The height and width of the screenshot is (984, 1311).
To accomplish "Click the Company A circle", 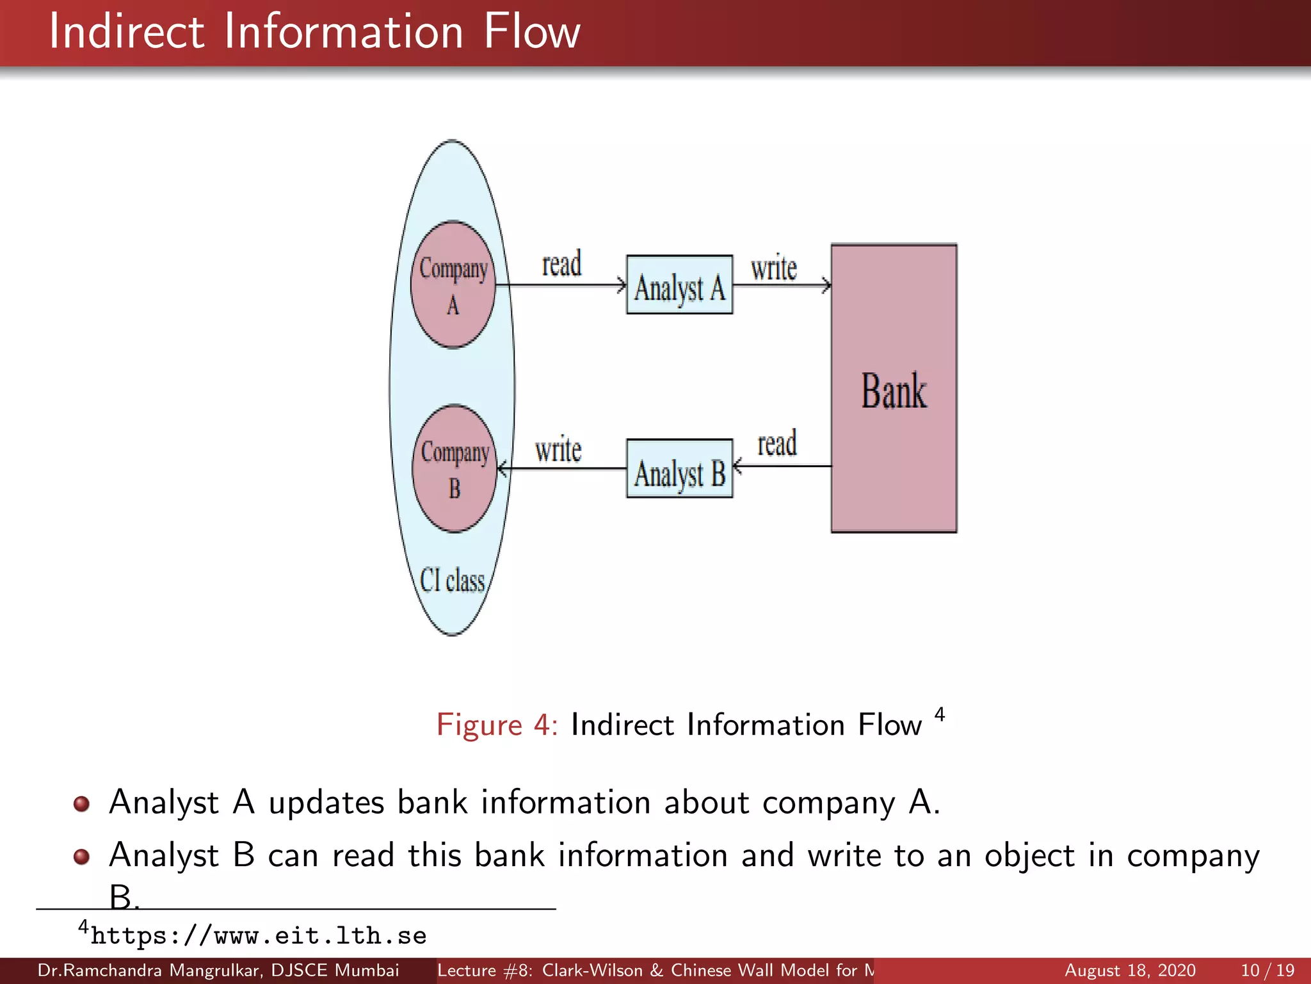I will click(453, 284).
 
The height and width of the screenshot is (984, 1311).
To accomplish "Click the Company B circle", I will click(454, 468).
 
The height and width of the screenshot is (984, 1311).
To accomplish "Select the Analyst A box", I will click(679, 285).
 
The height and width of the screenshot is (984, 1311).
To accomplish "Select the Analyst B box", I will click(679, 469).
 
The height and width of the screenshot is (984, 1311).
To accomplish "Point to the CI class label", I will click(452, 580).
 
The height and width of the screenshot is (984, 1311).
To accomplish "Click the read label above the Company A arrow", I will click(561, 264).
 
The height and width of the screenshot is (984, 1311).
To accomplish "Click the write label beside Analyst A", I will click(773, 268).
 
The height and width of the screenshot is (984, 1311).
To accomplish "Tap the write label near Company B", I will click(558, 450).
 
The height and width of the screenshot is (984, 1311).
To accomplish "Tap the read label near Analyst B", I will click(777, 444).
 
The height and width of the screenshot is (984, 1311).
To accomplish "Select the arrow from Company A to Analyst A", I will click(561, 284).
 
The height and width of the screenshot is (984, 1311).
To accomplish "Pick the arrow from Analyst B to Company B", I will click(562, 469).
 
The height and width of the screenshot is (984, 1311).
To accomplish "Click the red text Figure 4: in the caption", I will click(497, 725).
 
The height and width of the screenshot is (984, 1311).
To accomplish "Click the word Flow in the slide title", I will click(531, 32).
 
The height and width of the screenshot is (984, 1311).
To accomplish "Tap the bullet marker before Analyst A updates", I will click(81, 803).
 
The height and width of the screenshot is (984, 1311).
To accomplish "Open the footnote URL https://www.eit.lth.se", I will click(258, 936).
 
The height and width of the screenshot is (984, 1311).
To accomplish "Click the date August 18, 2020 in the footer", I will click(1129, 971).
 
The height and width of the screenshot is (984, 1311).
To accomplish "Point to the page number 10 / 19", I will click(1267, 971).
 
